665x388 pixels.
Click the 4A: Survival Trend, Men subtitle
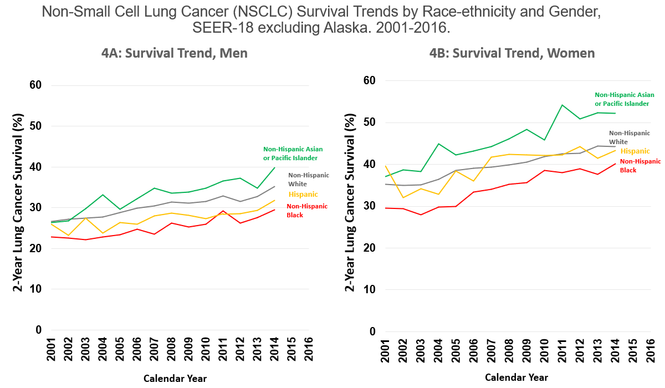coord(174,53)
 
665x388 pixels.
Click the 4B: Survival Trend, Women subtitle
coord(512,53)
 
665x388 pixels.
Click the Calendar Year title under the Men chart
coord(175,379)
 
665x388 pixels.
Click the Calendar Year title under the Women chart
coord(516,377)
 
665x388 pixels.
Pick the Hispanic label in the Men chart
coord(303,194)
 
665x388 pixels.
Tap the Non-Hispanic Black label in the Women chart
coord(640,166)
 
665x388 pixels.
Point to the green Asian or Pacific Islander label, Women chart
coord(625,99)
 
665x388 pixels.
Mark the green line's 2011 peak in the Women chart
coord(562,105)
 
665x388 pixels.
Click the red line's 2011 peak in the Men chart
coord(222,211)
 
